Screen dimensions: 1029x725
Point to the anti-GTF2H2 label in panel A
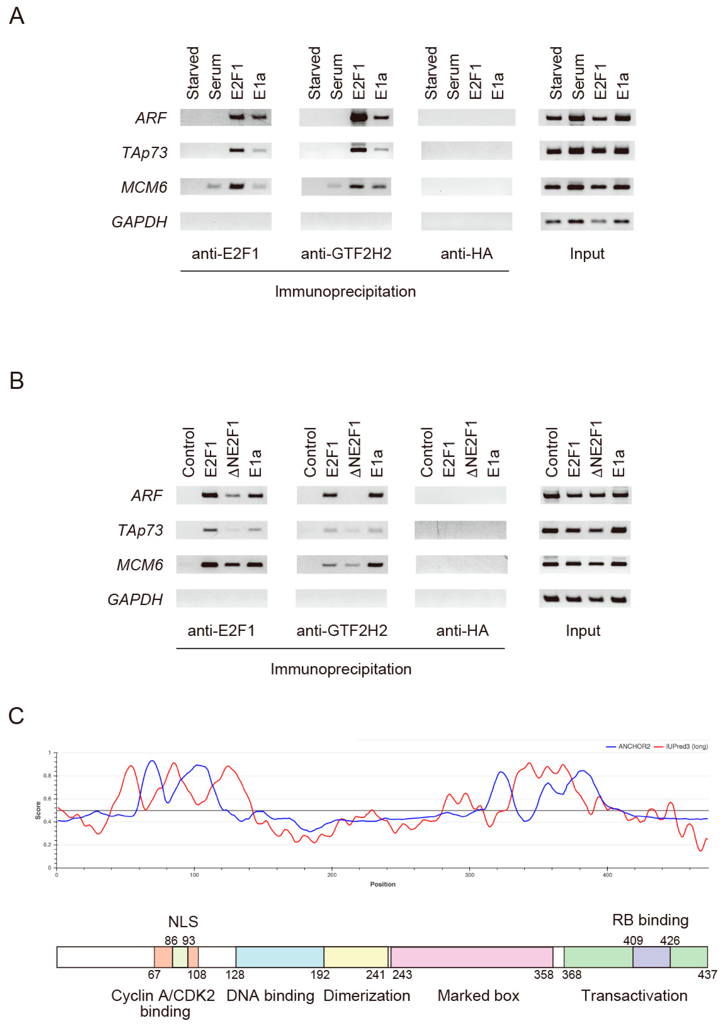pos(346,254)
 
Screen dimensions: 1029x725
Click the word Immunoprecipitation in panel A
pos(345,292)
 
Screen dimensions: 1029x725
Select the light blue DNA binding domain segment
pos(280,957)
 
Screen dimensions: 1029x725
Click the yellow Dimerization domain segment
pos(356,957)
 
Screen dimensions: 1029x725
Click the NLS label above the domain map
pos(183,922)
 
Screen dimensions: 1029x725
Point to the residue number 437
pos(707,975)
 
